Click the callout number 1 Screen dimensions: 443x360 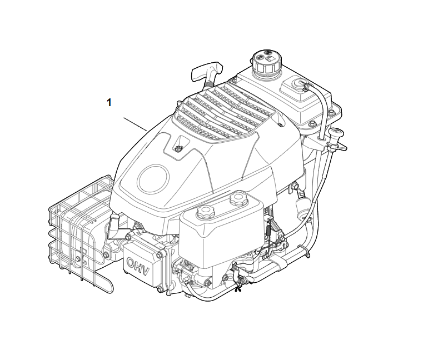pos(109,102)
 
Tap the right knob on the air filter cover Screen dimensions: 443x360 pos(238,198)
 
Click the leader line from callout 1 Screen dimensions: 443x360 pos(135,124)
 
